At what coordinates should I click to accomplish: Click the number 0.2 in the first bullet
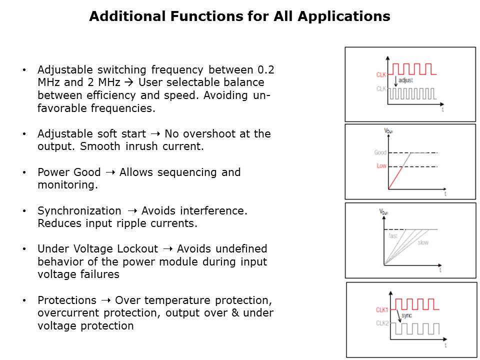(265, 70)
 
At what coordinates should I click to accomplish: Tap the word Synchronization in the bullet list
(79, 211)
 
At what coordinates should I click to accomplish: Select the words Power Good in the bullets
(69, 172)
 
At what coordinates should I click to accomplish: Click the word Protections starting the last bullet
(67, 300)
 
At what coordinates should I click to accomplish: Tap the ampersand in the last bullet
(235, 313)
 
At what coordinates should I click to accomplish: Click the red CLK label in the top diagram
(381, 74)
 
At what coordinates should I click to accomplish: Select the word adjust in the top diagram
(405, 80)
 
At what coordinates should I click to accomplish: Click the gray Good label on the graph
(380, 152)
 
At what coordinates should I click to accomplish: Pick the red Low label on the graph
(381, 166)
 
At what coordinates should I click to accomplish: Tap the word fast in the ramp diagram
(393, 235)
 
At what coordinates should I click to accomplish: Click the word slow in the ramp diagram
(423, 242)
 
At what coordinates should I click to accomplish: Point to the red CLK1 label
(381, 310)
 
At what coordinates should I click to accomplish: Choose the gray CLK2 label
(382, 323)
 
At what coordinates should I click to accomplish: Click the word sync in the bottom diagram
(406, 315)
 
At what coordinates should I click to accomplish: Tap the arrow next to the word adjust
(395, 81)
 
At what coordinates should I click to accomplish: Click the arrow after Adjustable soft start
(155, 134)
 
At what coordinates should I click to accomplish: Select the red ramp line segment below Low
(395, 178)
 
